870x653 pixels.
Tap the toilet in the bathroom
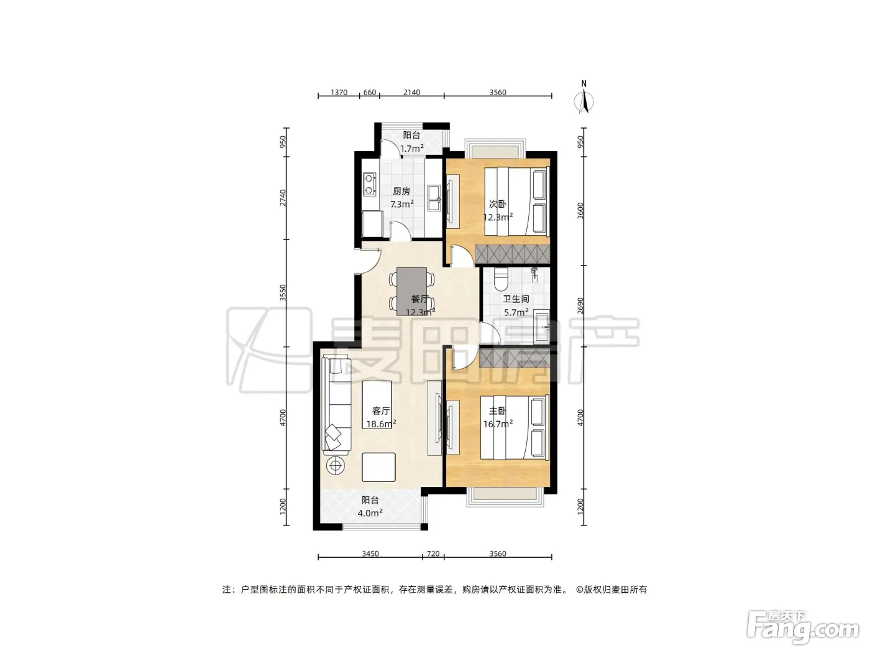[x=501, y=279]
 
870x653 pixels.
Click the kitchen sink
[x=434, y=198]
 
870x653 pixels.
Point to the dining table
[x=412, y=292]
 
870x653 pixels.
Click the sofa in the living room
[x=336, y=405]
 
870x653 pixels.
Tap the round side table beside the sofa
[x=336, y=465]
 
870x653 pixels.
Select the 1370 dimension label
[x=339, y=93]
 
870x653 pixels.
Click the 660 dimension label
[x=369, y=93]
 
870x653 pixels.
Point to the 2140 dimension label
[x=412, y=93]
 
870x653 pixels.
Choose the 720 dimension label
[x=433, y=553]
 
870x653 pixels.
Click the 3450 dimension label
[x=370, y=553]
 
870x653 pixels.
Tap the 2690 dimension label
[x=580, y=306]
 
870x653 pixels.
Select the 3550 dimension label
[x=283, y=292]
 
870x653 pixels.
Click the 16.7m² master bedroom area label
[x=498, y=424]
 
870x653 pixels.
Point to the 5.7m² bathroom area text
[x=516, y=312]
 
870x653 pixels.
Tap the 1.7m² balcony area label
[x=412, y=148]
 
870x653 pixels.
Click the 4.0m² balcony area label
[x=370, y=513]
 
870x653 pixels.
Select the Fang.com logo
[x=803, y=628]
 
